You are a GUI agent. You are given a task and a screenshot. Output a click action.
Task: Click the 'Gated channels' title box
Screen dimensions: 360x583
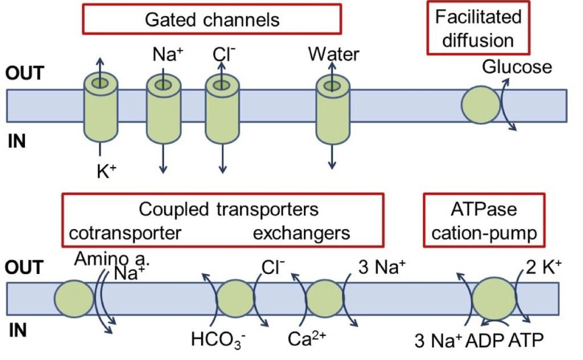pyautogui.click(x=212, y=20)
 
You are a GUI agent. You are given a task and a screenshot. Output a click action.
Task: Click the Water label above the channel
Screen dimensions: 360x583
pyautogui.click(x=334, y=54)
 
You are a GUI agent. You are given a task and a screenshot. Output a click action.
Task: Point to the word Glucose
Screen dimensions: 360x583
pyautogui.click(x=517, y=67)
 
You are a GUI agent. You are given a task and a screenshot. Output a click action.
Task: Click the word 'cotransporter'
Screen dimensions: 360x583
pyautogui.click(x=125, y=234)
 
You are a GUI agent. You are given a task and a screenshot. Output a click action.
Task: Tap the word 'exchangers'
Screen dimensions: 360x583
pyautogui.click(x=301, y=234)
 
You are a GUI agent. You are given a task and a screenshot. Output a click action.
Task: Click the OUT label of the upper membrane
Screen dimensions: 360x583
pyautogui.click(x=24, y=74)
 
